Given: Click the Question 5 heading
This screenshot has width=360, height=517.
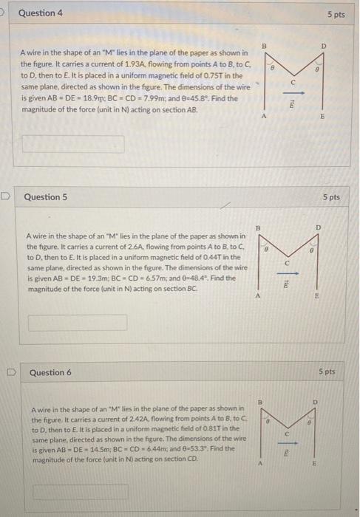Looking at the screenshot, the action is [x=46, y=197].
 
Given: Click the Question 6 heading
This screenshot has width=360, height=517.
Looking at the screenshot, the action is [x=50, y=372].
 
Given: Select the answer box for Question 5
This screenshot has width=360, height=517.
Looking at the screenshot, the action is [x=78, y=323].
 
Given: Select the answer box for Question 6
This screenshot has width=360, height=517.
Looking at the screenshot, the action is [x=79, y=490].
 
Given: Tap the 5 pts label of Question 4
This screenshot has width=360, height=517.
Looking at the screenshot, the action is [x=336, y=15].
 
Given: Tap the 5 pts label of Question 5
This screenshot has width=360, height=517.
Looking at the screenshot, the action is [x=331, y=197].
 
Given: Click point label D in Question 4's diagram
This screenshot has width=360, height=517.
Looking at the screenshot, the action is [x=322, y=47].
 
